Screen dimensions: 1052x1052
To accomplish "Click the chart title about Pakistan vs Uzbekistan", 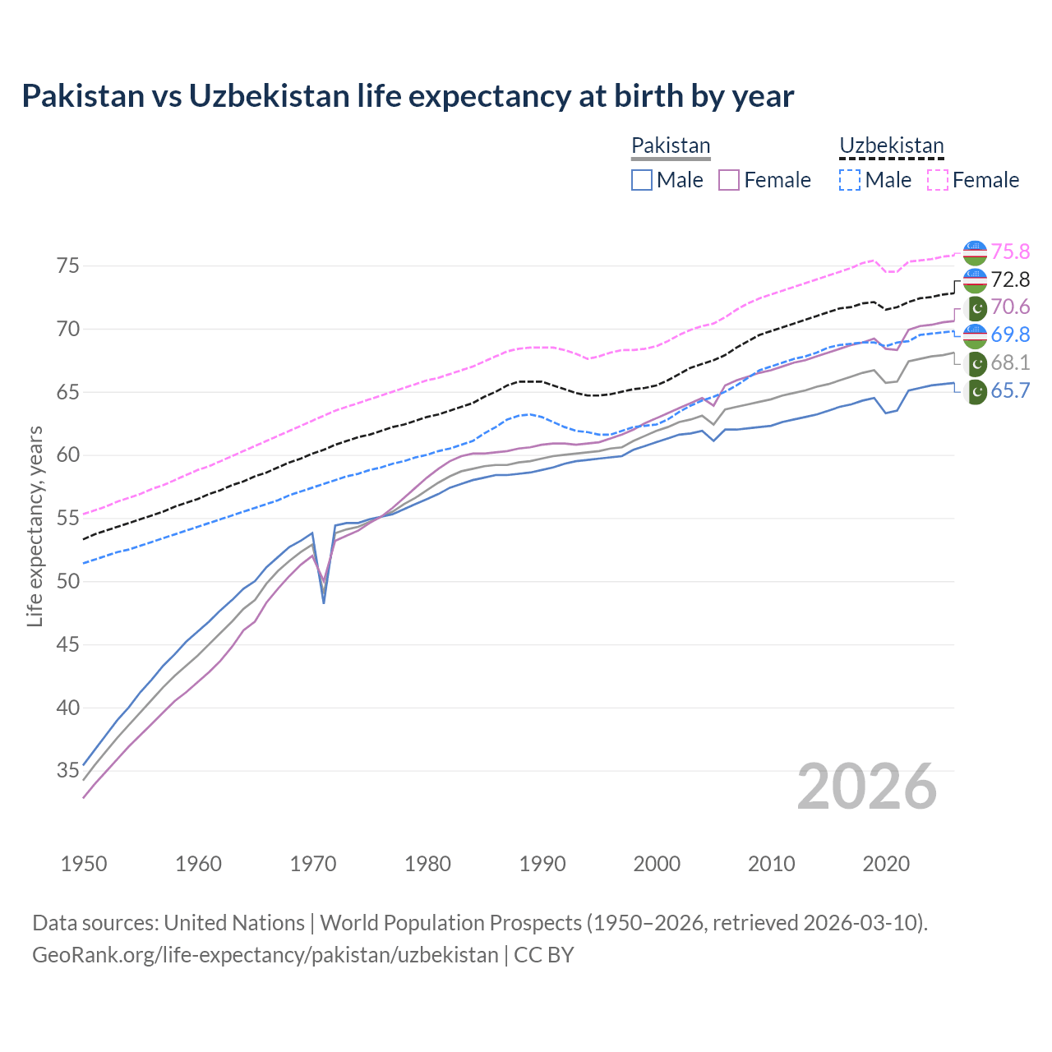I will [408, 96].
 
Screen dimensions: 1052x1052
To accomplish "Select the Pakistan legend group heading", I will [670, 146].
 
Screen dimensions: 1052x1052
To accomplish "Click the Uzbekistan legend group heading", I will [891, 146].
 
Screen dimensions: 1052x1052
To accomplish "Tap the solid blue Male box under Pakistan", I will [642, 180].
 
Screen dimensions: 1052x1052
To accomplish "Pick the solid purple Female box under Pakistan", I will [729, 180].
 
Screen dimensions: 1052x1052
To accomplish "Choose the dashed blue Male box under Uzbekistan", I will [850, 180].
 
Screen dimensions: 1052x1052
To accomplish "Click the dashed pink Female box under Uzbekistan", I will [937, 180].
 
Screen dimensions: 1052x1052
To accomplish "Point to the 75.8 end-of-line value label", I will [1010, 251].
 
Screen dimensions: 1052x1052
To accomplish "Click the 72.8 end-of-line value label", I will [1010, 279].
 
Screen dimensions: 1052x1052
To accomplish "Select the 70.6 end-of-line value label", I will [1010, 307].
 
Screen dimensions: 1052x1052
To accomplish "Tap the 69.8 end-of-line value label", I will [1010, 335].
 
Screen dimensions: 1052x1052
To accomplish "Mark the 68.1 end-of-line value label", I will [1010, 362].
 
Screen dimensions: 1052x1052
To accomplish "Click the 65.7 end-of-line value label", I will [1010, 390].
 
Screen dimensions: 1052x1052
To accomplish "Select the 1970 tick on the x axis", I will [313, 864].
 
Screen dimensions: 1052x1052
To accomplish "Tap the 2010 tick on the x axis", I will [771, 864].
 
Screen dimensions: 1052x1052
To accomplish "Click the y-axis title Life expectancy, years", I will [35, 526].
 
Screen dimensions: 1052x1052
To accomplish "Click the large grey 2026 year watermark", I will [866, 787].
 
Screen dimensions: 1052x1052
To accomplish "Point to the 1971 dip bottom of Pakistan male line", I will [324, 602].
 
